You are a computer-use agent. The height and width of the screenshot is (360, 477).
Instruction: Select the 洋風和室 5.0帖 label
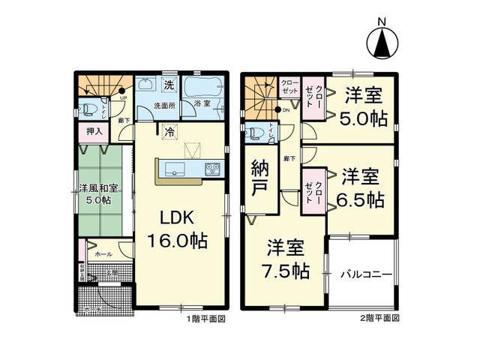(x=96, y=193)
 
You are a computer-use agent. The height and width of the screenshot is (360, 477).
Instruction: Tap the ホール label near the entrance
(x=103, y=255)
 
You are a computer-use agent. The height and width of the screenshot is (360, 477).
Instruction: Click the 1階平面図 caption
(x=205, y=318)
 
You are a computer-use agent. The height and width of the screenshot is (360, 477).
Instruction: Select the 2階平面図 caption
(x=379, y=318)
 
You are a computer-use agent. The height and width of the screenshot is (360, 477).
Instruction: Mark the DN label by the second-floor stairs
(x=286, y=109)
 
